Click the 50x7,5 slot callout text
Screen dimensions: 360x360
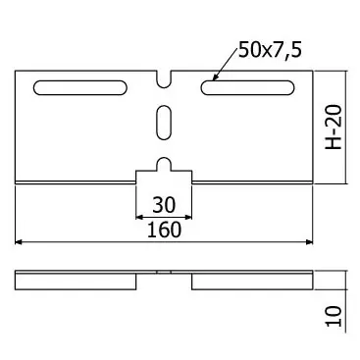(270, 50)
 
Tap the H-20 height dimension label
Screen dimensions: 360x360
(334, 127)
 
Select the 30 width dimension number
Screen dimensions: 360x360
(164, 205)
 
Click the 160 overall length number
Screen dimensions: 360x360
(164, 230)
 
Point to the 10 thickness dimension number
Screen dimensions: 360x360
(334, 316)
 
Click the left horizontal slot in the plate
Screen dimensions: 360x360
(80, 87)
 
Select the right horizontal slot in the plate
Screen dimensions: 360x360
(247, 87)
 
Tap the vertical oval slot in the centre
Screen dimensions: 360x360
(164, 123)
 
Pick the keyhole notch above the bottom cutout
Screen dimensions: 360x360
(164, 164)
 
